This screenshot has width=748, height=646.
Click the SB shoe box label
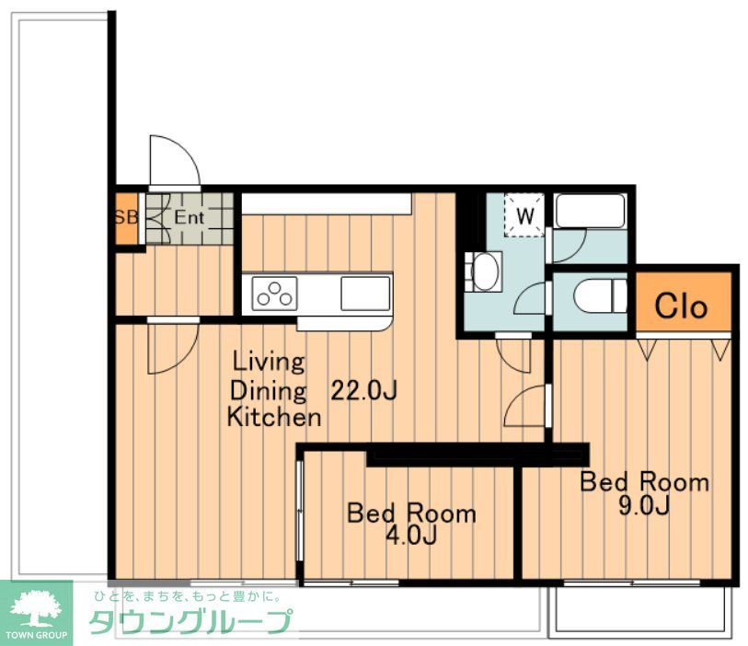click(126, 217)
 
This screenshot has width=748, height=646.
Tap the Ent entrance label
click(189, 217)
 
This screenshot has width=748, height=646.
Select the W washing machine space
click(524, 214)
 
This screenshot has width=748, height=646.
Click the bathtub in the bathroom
click(590, 211)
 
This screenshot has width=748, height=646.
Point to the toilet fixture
click(600, 294)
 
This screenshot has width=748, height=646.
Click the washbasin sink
click(484, 271)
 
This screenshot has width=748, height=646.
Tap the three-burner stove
click(274, 294)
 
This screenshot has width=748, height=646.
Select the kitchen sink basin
click(365, 293)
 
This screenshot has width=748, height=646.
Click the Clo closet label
click(681, 306)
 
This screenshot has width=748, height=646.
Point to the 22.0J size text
click(364, 391)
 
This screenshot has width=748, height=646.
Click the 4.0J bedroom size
click(411, 536)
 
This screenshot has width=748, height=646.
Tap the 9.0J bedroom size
click(644, 505)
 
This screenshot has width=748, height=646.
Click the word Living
click(269, 363)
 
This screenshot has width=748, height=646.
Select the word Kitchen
click(274, 417)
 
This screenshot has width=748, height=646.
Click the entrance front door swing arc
click(186, 148)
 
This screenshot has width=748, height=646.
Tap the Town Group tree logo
click(36, 607)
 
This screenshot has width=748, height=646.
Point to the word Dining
click(268, 391)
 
